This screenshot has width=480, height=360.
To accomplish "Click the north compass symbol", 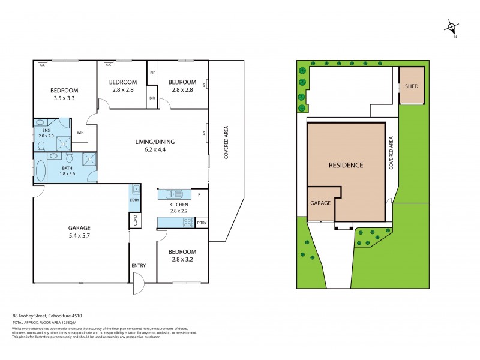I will tap(453, 28).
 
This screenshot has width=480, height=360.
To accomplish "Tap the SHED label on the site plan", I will tap(412, 86).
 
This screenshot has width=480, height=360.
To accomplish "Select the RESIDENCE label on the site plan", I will tap(346, 164).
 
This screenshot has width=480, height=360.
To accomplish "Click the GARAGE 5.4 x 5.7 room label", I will tap(79, 232).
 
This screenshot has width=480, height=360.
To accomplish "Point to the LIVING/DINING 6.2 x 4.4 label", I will tap(154, 146).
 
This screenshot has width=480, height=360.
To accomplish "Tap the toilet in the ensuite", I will tap(41, 144).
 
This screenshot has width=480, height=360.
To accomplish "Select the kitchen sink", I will tap(175, 194).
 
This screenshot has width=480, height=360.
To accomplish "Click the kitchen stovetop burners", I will tap(187, 223).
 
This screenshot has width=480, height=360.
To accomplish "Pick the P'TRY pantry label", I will tap(202, 223).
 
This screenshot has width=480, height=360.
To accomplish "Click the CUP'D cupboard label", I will tap(135, 220).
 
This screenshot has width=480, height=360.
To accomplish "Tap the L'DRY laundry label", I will tap(134, 200).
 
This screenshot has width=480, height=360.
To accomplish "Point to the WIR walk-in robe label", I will tap(80, 133).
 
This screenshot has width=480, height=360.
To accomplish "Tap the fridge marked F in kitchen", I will tap(199, 194).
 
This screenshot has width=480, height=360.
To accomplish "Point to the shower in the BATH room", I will tap(89, 158).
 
